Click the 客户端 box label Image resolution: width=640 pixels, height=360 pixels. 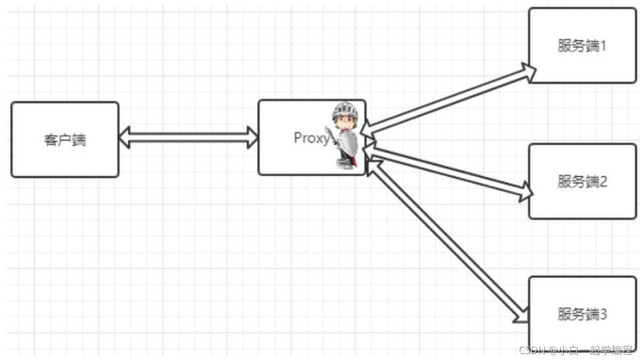(x=65, y=140)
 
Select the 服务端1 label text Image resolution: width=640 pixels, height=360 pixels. (x=582, y=46)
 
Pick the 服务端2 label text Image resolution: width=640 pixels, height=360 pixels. (x=582, y=182)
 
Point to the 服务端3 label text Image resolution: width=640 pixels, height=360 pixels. (x=582, y=314)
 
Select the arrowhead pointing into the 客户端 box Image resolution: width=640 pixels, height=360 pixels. (x=124, y=137)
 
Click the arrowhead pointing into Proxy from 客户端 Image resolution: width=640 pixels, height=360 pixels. (x=253, y=137)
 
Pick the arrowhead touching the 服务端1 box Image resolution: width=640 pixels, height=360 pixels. (x=528, y=72)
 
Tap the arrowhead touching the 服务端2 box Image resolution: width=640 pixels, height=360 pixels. (x=526, y=191)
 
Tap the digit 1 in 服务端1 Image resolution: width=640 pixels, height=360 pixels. (x=603, y=46)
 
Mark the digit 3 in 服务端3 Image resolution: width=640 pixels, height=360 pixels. (x=603, y=314)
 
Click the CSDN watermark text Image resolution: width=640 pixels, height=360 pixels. (x=575, y=350)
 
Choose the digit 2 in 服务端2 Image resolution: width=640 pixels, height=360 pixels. (x=603, y=182)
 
